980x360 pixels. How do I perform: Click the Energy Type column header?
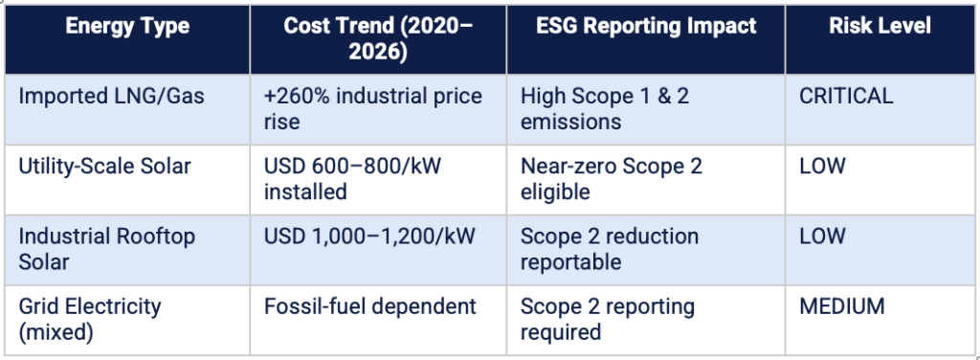[x=127, y=26]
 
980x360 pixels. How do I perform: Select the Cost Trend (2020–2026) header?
[x=378, y=38]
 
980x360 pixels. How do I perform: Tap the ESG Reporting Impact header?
[x=646, y=26]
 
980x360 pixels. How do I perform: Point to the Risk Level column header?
[x=880, y=26]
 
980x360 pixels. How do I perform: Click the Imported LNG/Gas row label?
[x=111, y=97]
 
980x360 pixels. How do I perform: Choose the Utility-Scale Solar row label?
[x=104, y=167]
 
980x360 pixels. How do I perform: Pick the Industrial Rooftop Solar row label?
[x=106, y=249]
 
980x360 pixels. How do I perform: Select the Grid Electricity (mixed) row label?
[x=89, y=319]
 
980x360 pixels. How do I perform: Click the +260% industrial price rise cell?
[x=372, y=108]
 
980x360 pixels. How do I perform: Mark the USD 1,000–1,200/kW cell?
[x=369, y=236]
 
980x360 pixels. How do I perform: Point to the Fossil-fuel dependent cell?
[x=370, y=306]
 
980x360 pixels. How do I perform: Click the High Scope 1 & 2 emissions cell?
[x=605, y=108]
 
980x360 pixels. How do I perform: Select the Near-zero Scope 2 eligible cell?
[x=612, y=178]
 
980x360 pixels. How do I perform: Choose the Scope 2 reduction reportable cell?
[x=610, y=249]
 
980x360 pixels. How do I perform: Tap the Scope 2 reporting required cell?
[x=608, y=319]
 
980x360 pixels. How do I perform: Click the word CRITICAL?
[x=846, y=97]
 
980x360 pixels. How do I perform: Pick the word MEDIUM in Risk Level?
[x=842, y=306]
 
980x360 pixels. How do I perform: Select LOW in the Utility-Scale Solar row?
[x=822, y=167]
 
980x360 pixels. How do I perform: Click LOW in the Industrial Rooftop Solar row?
[x=822, y=236]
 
